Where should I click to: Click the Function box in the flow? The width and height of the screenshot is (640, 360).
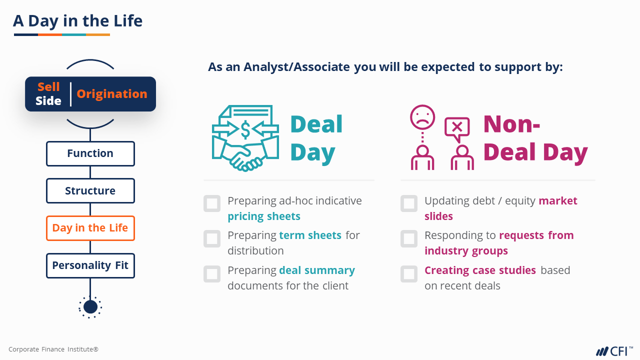[x=90, y=153]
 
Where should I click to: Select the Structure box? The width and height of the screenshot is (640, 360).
[x=90, y=191]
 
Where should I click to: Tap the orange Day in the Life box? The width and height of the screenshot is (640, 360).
[x=90, y=228]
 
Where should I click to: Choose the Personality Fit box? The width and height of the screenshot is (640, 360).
[x=90, y=265]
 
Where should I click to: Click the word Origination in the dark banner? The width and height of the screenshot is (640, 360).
[x=111, y=94]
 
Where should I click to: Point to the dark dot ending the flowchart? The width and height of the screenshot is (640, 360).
[x=90, y=307]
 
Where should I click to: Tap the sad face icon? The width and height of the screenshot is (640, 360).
[x=422, y=117]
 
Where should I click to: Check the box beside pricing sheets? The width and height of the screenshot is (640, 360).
[x=212, y=203]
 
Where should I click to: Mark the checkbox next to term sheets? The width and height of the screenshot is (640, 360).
[x=212, y=238]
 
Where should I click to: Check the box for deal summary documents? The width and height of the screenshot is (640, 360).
[x=212, y=273]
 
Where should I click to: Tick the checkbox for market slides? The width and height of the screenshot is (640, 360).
[x=409, y=203]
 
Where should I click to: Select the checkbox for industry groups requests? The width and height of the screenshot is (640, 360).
[x=409, y=238]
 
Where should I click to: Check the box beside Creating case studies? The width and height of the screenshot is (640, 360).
[x=409, y=273]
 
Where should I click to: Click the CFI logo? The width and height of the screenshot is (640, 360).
[x=614, y=351]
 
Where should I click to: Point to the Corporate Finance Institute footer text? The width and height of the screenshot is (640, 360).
[x=53, y=349]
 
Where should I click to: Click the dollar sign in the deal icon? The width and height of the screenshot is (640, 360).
[x=245, y=129]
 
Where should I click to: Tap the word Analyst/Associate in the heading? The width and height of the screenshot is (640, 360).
[x=296, y=67]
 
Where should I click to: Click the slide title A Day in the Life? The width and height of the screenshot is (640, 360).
[x=77, y=21]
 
